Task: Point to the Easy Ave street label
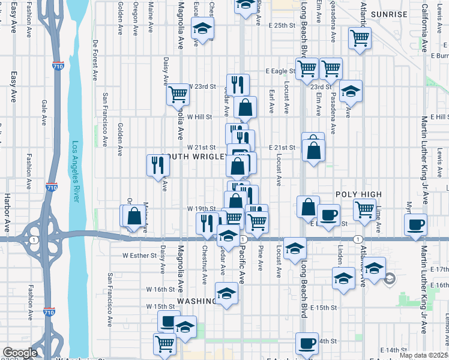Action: (x=13, y=86)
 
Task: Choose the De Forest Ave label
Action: (x=95, y=61)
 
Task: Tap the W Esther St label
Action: (x=139, y=254)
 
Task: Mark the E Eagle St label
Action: (x=280, y=71)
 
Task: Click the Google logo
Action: (x=20, y=353)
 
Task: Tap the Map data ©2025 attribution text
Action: (x=424, y=355)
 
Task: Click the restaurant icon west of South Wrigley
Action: (x=157, y=166)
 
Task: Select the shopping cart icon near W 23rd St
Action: (x=178, y=94)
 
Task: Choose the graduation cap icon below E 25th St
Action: (x=203, y=28)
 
